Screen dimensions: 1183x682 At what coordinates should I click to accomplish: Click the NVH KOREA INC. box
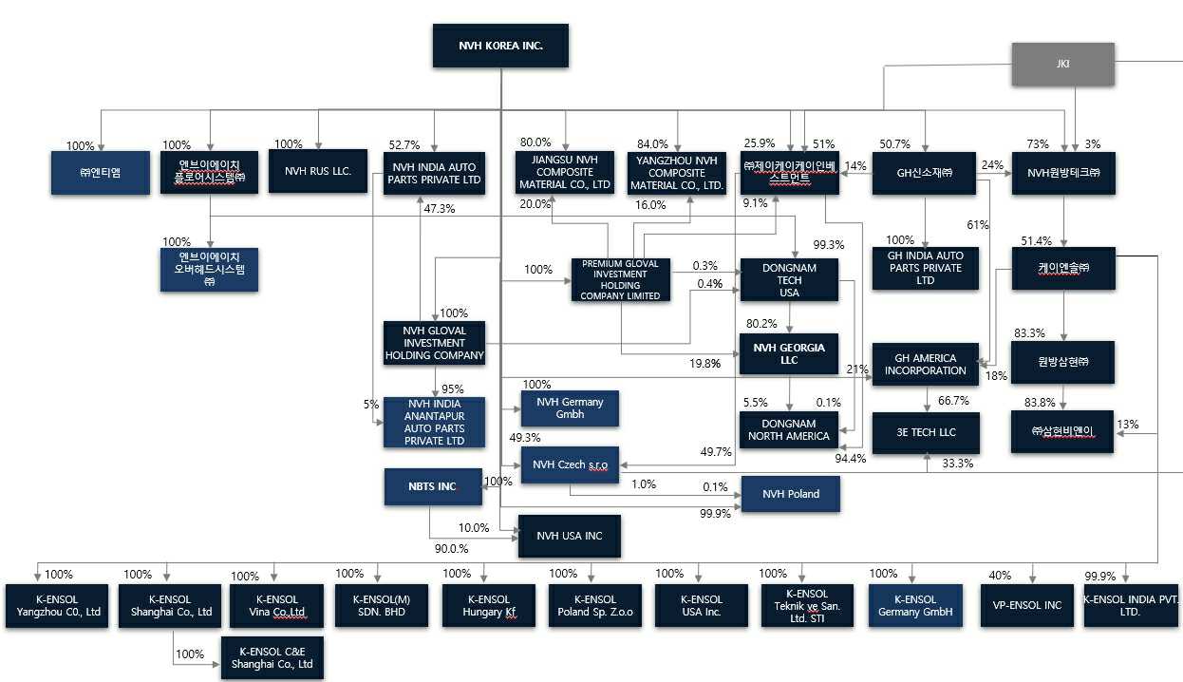tap(500, 46)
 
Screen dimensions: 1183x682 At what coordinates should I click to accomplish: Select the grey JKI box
tap(1063, 64)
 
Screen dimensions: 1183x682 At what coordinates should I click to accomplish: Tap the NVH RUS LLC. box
tap(318, 171)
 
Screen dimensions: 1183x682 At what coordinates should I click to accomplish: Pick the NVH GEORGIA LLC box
tap(789, 354)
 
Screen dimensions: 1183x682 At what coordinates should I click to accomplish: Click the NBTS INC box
tap(433, 486)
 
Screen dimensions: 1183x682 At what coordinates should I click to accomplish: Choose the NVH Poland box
tap(791, 494)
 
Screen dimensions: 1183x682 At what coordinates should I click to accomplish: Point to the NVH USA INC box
tap(570, 537)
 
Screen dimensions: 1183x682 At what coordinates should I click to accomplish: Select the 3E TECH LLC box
tap(926, 432)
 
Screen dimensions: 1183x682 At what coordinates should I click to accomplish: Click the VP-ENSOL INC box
tap(1026, 605)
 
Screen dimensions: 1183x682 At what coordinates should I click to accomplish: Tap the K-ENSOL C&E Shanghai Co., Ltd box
tap(272, 657)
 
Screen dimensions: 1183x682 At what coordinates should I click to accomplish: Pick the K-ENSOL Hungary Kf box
tap(489, 605)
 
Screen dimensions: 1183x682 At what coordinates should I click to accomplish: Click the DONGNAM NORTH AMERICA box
tap(788, 430)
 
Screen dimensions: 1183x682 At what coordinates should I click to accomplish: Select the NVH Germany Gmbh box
tap(570, 408)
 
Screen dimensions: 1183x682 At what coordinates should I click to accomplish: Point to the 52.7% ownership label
tap(404, 144)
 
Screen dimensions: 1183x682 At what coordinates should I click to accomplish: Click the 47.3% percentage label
tap(439, 209)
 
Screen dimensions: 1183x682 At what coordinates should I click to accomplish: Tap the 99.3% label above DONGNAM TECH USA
tap(829, 245)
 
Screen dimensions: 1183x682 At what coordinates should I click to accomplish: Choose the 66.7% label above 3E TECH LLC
tap(953, 401)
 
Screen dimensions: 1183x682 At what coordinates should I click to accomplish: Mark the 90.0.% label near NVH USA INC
tap(452, 549)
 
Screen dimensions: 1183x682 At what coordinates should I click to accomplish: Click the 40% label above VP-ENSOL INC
tap(1000, 576)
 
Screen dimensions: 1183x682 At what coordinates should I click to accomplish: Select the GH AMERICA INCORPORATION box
tap(926, 365)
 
